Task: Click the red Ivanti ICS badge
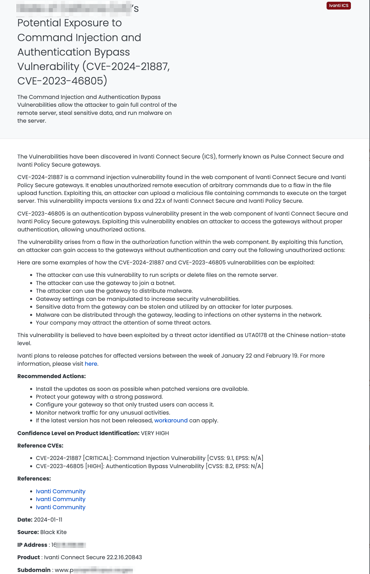pos(338,6)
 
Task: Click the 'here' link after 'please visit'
pos(91,364)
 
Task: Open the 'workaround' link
pos(171,421)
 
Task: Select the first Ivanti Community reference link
pos(61,492)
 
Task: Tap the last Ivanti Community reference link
pos(61,507)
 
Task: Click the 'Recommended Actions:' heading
pos(52,376)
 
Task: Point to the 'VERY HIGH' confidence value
pos(155,433)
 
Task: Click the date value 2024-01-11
pos(48,520)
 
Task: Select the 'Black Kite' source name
pos(53,532)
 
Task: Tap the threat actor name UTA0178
pos(256,335)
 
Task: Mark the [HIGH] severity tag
pos(95,466)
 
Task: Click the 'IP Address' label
pos(32,545)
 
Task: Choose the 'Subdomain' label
pos(34,570)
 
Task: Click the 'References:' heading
pos(34,479)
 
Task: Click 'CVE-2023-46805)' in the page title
pos(62,81)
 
